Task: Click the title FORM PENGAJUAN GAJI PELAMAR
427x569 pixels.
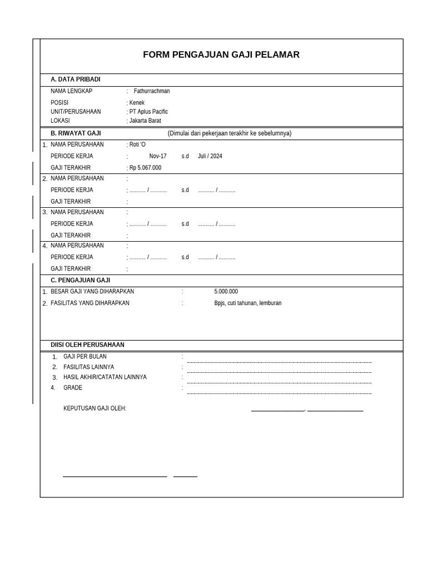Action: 221,54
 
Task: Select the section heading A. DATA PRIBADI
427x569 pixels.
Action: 76,79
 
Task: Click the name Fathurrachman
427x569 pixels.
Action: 152,91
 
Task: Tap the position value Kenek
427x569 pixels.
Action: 137,103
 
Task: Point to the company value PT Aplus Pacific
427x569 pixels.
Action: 148,112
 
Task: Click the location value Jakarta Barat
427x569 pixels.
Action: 145,121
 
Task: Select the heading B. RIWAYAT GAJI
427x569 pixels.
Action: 76,133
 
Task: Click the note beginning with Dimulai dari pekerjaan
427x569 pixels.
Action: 230,133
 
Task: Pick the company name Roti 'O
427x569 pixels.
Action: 137,144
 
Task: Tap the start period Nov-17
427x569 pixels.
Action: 158,156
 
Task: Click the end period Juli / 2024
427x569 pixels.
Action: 210,156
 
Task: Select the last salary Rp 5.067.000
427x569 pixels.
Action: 145,168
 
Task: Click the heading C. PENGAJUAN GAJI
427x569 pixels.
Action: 80,280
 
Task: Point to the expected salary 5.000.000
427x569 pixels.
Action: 226,291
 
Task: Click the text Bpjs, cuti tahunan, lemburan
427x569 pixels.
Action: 248,303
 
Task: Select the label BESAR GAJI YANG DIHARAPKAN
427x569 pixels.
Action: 92,291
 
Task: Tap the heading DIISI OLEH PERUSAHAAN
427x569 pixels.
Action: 87,345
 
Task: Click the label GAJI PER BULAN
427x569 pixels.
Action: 85,356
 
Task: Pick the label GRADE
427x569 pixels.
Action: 73,388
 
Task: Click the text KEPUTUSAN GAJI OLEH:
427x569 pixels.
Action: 95,408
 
